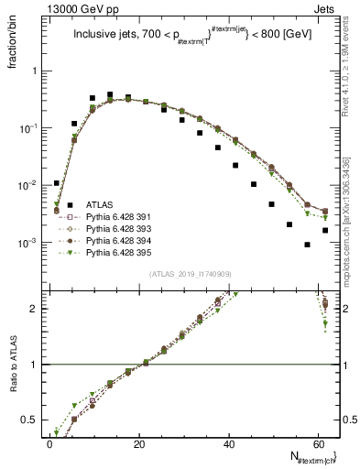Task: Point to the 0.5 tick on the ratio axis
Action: (x=32, y=420)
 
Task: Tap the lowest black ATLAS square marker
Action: (x=307, y=245)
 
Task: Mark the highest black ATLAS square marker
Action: (x=110, y=94)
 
